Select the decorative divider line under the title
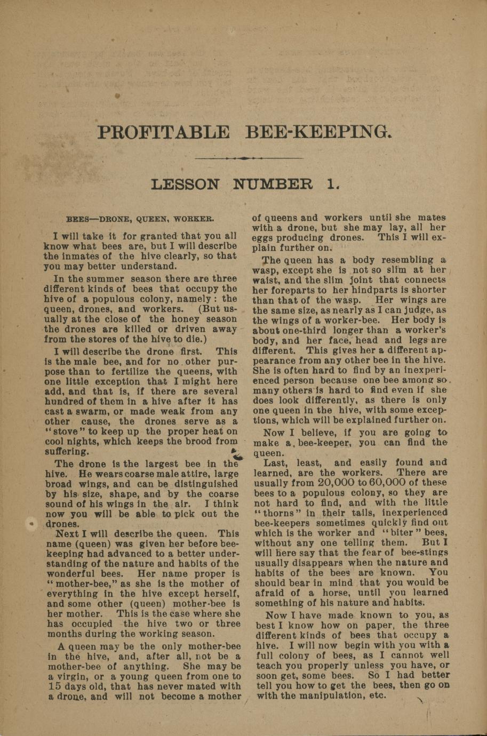click(x=243, y=158)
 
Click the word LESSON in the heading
click(x=185, y=185)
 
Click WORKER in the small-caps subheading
click(x=194, y=219)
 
